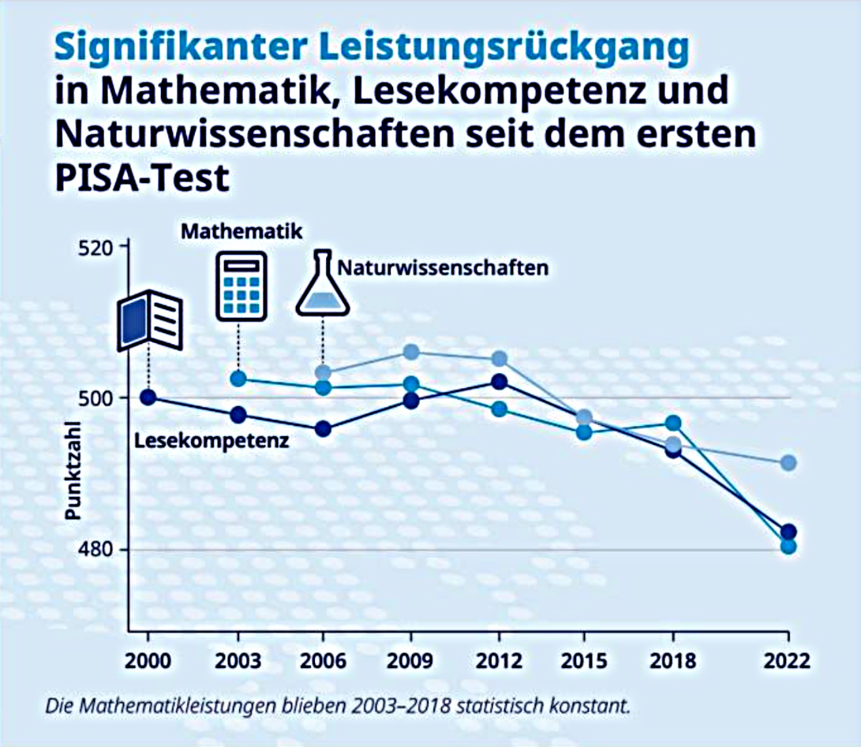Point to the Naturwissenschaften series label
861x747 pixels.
coord(443,267)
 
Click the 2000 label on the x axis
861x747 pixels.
coord(148,660)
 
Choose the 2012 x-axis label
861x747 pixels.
coord(499,660)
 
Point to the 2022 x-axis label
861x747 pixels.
coord(788,660)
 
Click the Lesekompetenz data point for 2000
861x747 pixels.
coord(148,397)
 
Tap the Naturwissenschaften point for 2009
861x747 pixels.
coord(411,352)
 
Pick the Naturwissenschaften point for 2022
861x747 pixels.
coord(788,462)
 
